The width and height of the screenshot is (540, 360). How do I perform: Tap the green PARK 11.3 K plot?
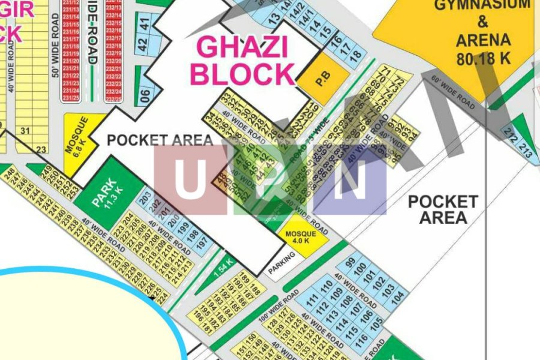(108, 192)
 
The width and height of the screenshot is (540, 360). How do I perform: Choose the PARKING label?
(282, 264)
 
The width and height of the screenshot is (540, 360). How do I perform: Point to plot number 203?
(144, 199)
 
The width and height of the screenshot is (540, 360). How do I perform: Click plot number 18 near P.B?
(356, 56)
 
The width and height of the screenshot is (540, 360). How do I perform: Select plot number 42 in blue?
(143, 44)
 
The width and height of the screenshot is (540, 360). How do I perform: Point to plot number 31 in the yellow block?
(25, 131)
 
